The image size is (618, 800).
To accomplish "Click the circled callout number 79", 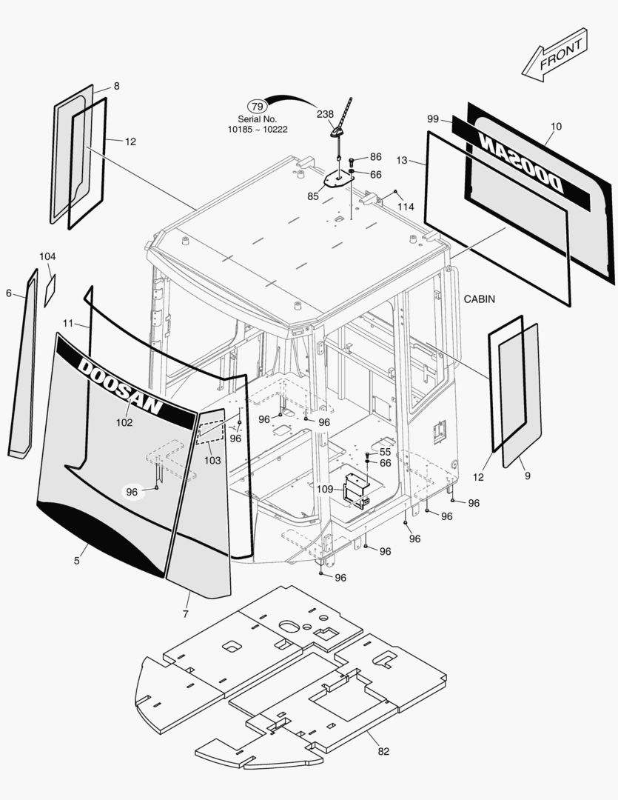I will click(x=256, y=106).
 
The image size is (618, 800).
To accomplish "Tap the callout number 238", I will click(x=325, y=114).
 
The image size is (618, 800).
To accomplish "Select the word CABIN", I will click(x=479, y=299).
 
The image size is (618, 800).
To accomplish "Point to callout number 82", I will click(x=383, y=751).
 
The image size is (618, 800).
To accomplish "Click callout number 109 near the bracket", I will click(x=325, y=489).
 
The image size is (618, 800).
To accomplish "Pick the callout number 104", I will click(x=47, y=256).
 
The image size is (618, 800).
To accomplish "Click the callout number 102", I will click(x=124, y=422).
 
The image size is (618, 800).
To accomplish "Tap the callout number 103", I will click(x=212, y=460).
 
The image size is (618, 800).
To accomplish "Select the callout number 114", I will click(x=406, y=207).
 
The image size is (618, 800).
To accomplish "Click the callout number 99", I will click(x=434, y=119).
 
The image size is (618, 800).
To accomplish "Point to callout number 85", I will click(x=314, y=196).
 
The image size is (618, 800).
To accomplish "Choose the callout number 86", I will click(x=376, y=157).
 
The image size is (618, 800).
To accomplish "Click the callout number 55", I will click(x=385, y=452).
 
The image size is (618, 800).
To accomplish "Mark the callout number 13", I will click(x=402, y=160).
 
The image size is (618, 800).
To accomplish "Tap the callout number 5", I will click(x=76, y=561).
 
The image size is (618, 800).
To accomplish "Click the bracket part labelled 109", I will click(x=357, y=490).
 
